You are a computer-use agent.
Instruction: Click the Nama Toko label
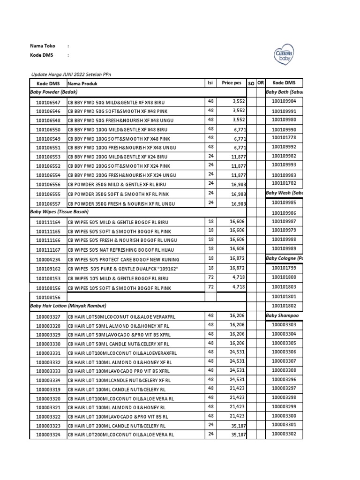(x=43, y=46)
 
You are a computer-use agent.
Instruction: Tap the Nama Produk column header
(x=82, y=83)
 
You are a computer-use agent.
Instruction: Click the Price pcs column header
(x=231, y=83)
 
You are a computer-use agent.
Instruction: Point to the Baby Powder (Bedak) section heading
(x=54, y=92)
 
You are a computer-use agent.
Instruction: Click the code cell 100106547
(x=48, y=102)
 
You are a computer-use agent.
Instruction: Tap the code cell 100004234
(x=48, y=259)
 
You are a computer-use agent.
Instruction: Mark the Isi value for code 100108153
(x=210, y=277)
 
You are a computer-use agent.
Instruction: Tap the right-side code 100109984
(x=284, y=101)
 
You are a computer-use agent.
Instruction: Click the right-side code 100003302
(x=284, y=434)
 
